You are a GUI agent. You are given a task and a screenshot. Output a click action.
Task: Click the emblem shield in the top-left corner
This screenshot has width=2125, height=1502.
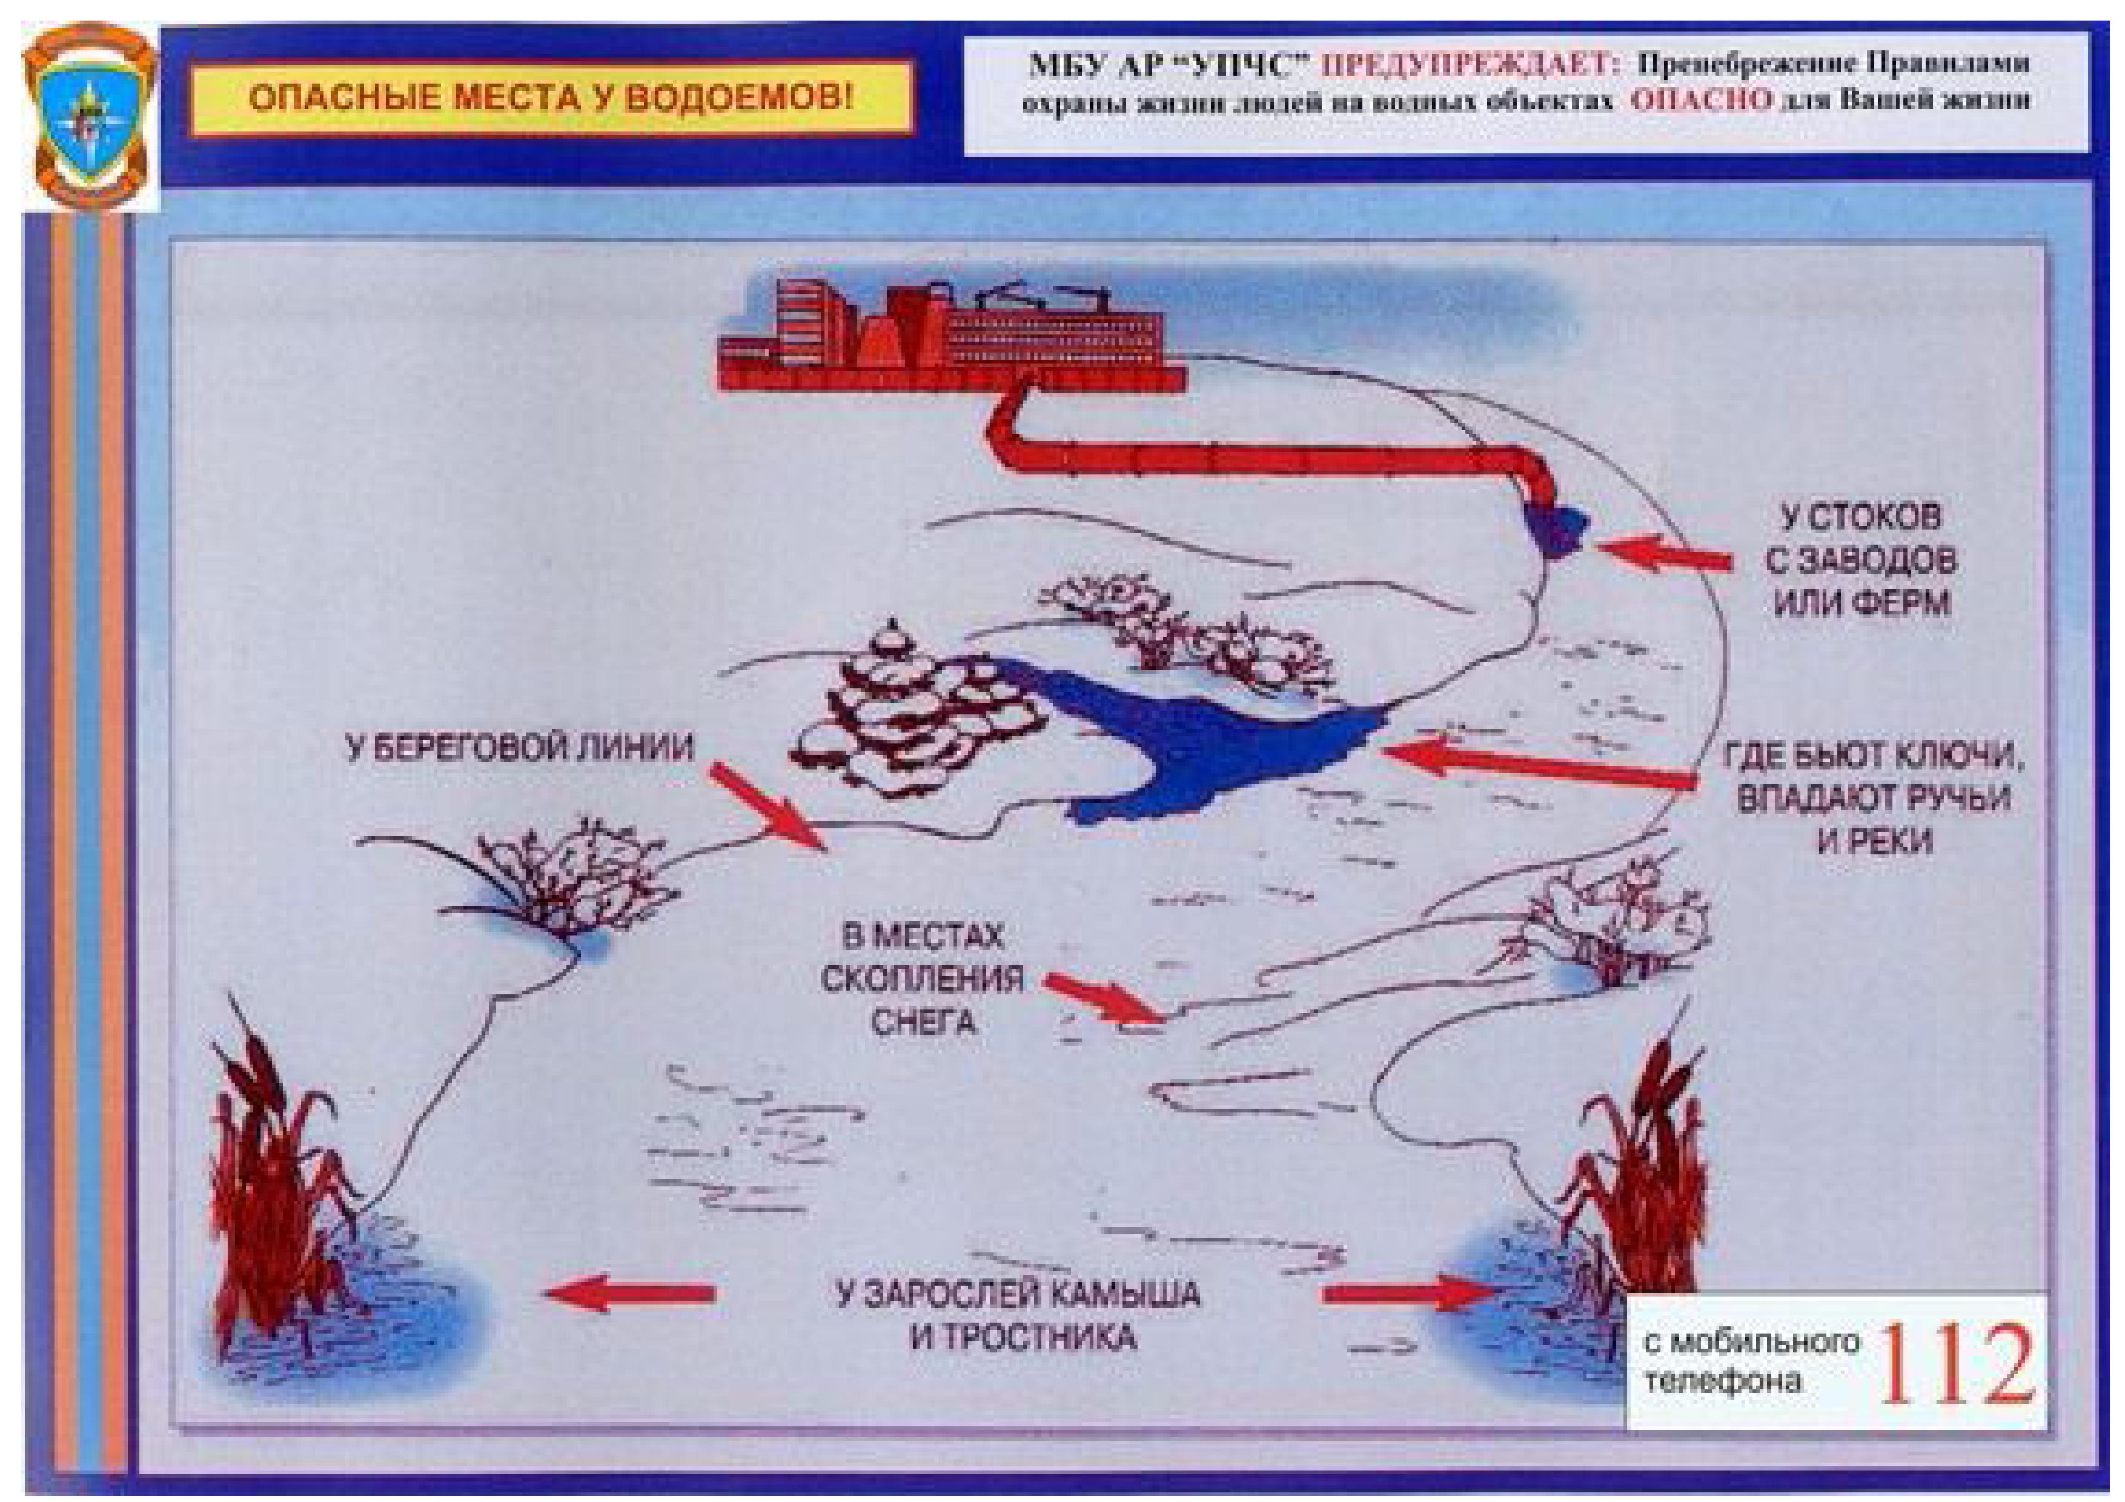[90, 116]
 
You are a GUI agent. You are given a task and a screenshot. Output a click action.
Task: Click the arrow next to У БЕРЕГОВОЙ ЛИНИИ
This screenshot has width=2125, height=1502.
[767, 802]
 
